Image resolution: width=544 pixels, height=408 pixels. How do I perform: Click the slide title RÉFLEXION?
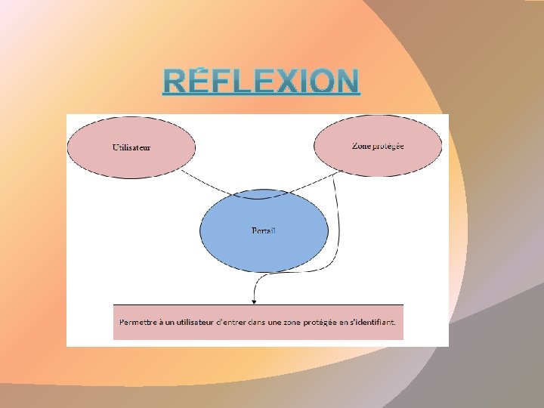tap(261, 81)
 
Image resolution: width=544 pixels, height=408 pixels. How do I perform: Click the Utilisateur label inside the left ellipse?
tap(131, 147)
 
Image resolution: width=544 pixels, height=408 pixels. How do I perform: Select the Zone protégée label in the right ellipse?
tap(378, 146)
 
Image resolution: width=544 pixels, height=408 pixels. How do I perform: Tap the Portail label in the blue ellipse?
tap(264, 230)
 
